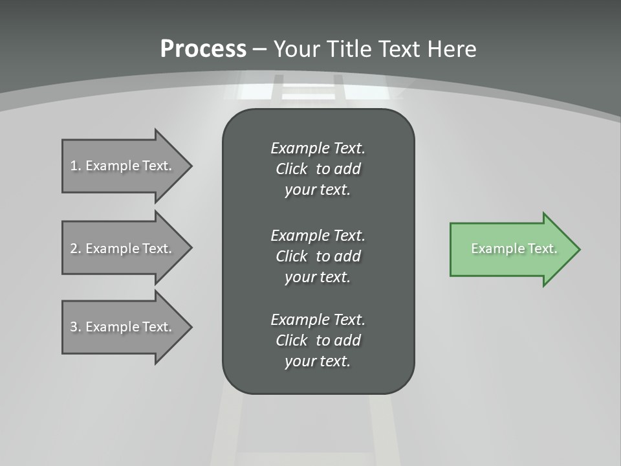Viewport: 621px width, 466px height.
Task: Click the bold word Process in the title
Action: (203, 49)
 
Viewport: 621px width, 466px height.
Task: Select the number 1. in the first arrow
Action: (75, 166)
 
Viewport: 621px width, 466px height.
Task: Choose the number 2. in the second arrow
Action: (75, 249)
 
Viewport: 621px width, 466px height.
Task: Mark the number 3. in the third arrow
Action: (75, 327)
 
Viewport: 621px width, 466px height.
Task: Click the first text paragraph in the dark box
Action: (318, 169)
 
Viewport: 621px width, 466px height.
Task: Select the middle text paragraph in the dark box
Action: (318, 256)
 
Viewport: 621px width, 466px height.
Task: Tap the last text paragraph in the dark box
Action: (318, 340)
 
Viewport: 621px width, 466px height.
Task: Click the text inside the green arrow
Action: (514, 249)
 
